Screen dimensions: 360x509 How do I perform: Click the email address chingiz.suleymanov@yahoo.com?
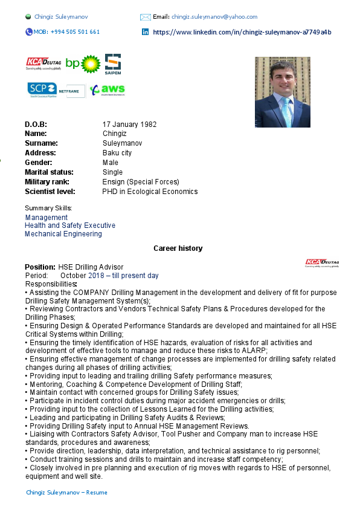[214, 17]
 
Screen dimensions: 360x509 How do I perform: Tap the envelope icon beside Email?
[145, 17]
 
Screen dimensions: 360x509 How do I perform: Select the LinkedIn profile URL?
[242, 32]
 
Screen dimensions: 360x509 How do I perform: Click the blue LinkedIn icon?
[145, 32]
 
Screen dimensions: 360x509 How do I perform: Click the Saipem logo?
[113, 64]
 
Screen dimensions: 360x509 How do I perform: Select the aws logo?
[107, 90]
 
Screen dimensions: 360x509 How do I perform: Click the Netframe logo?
[76, 91]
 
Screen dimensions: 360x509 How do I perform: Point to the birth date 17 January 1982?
[129, 125]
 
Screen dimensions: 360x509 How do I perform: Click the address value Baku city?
[117, 153]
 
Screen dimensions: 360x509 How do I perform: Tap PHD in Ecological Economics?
[150, 192]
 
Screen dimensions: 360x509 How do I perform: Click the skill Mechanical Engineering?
[63, 234]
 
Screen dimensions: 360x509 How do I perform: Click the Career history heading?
[178, 248]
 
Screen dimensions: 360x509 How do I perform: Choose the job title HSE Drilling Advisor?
[91, 267]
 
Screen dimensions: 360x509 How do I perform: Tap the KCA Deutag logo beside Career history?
[321, 262]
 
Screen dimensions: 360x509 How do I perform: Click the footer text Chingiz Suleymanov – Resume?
[66, 493]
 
